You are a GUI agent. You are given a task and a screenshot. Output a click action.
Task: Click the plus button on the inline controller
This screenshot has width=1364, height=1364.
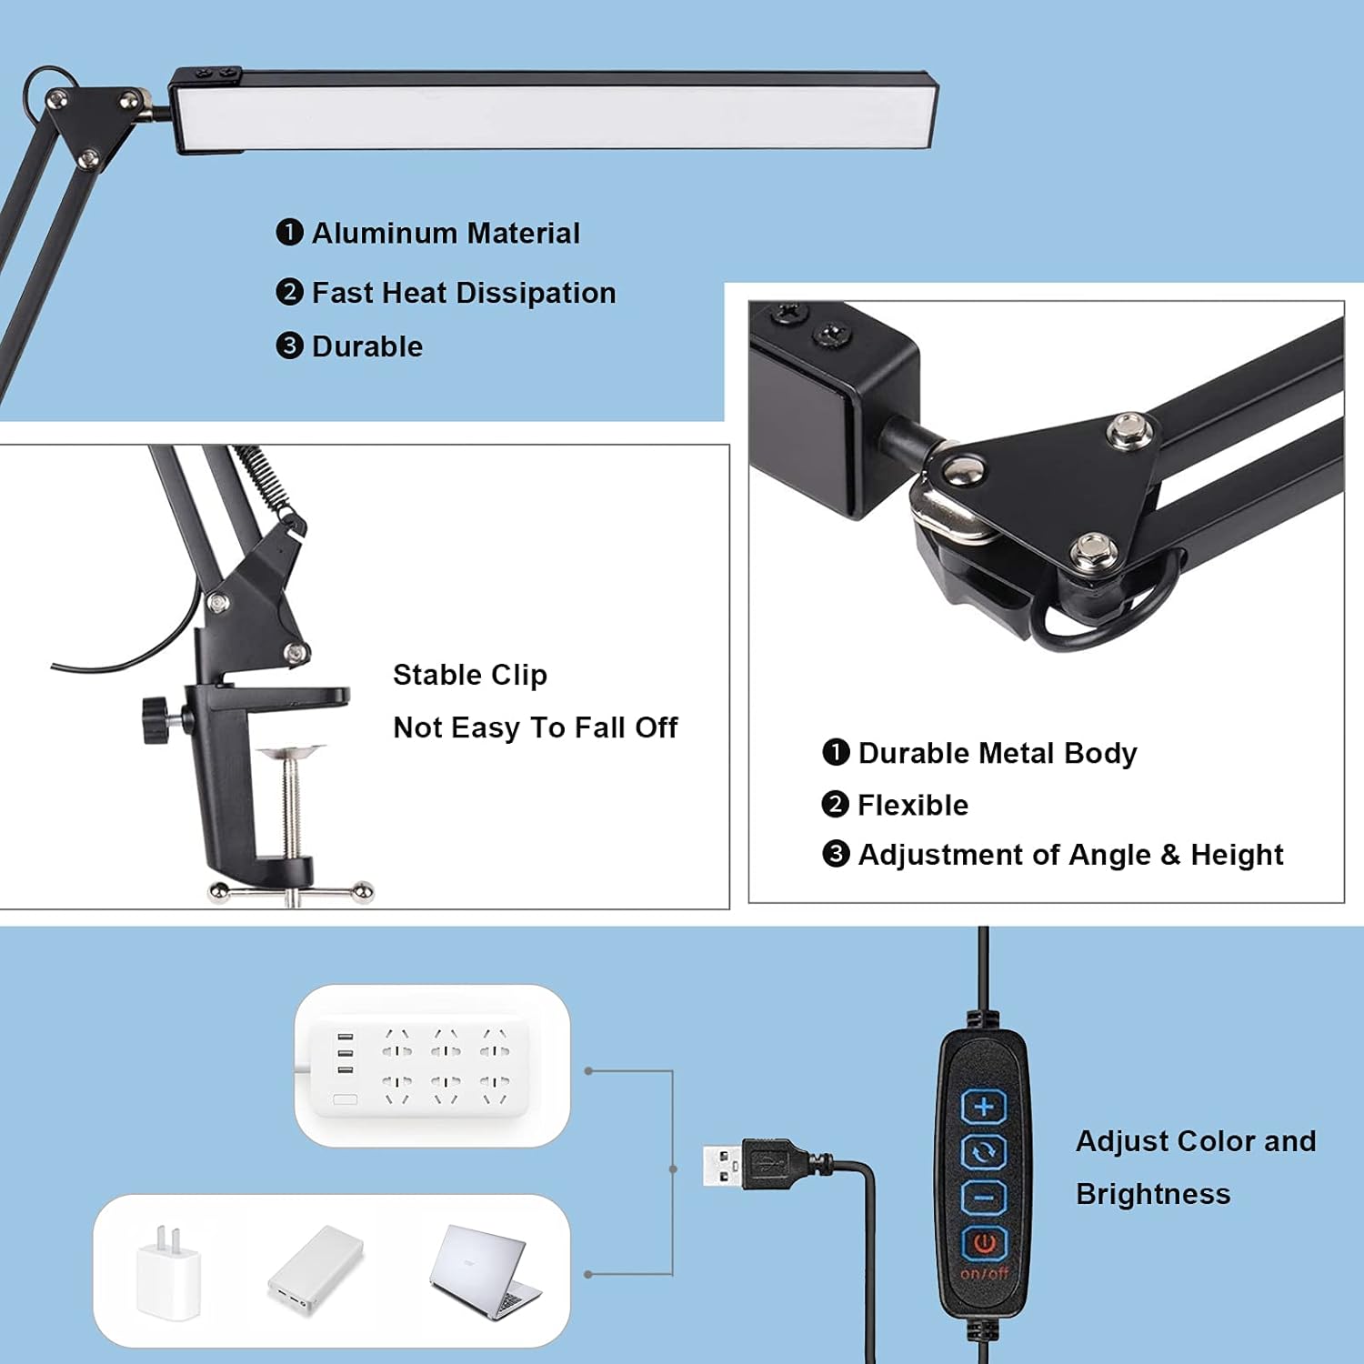(x=984, y=1107)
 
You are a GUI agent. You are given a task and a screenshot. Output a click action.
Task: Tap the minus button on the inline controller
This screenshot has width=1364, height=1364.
(x=984, y=1198)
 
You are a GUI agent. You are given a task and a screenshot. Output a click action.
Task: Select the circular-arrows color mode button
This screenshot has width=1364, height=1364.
(x=984, y=1152)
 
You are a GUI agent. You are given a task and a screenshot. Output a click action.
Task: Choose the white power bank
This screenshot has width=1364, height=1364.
(x=316, y=1270)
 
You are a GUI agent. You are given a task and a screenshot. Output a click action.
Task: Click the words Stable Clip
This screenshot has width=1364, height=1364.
(x=469, y=675)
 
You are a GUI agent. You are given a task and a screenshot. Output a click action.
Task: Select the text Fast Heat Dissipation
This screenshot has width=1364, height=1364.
(x=464, y=293)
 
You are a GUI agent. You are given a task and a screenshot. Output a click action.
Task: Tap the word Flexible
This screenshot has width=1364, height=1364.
(x=912, y=805)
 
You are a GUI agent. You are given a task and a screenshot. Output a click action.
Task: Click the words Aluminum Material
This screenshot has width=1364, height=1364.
(x=446, y=234)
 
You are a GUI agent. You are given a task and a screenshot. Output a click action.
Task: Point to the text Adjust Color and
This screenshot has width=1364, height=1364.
(x=1195, y=1141)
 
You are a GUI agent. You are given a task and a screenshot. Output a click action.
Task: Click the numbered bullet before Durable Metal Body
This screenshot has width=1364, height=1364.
(x=835, y=752)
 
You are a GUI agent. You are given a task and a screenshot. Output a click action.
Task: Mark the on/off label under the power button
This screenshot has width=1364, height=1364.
(x=984, y=1273)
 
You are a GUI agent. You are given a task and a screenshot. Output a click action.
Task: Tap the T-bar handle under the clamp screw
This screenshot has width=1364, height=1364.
(x=291, y=893)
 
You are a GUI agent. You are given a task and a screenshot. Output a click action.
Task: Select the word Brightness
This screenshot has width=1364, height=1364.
(x=1152, y=1194)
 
